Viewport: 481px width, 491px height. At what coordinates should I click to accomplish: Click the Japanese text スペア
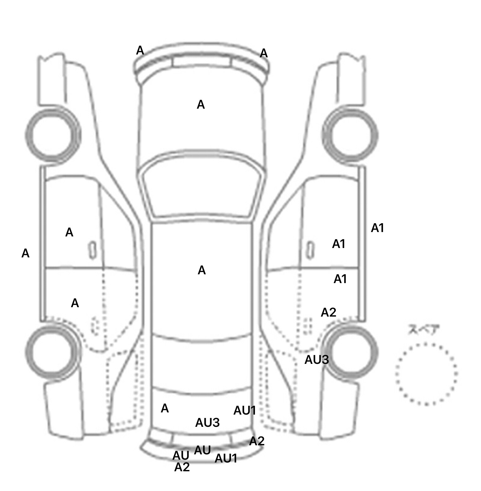click(424, 330)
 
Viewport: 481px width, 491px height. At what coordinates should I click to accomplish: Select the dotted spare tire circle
click(426, 374)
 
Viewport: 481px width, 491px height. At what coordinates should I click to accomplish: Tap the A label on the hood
click(201, 105)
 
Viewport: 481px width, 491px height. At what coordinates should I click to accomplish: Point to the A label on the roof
click(202, 270)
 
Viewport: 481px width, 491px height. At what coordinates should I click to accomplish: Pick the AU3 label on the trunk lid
click(207, 423)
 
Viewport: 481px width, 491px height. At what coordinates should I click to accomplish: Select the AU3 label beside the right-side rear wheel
click(317, 360)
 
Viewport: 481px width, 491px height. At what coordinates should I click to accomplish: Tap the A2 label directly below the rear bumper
click(182, 467)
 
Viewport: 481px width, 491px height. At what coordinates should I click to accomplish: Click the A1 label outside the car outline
click(377, 228)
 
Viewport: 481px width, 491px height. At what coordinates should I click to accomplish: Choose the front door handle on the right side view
click(310, 250)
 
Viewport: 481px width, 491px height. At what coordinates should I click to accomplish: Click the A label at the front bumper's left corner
click(140, 50)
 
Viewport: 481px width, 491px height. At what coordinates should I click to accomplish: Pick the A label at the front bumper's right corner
click(264, 54)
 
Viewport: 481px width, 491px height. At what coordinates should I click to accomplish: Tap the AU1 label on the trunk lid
click(245, 411)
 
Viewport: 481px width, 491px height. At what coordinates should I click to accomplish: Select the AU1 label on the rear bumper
click(226, 458)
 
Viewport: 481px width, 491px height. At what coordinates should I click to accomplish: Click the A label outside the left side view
click(25, 253)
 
